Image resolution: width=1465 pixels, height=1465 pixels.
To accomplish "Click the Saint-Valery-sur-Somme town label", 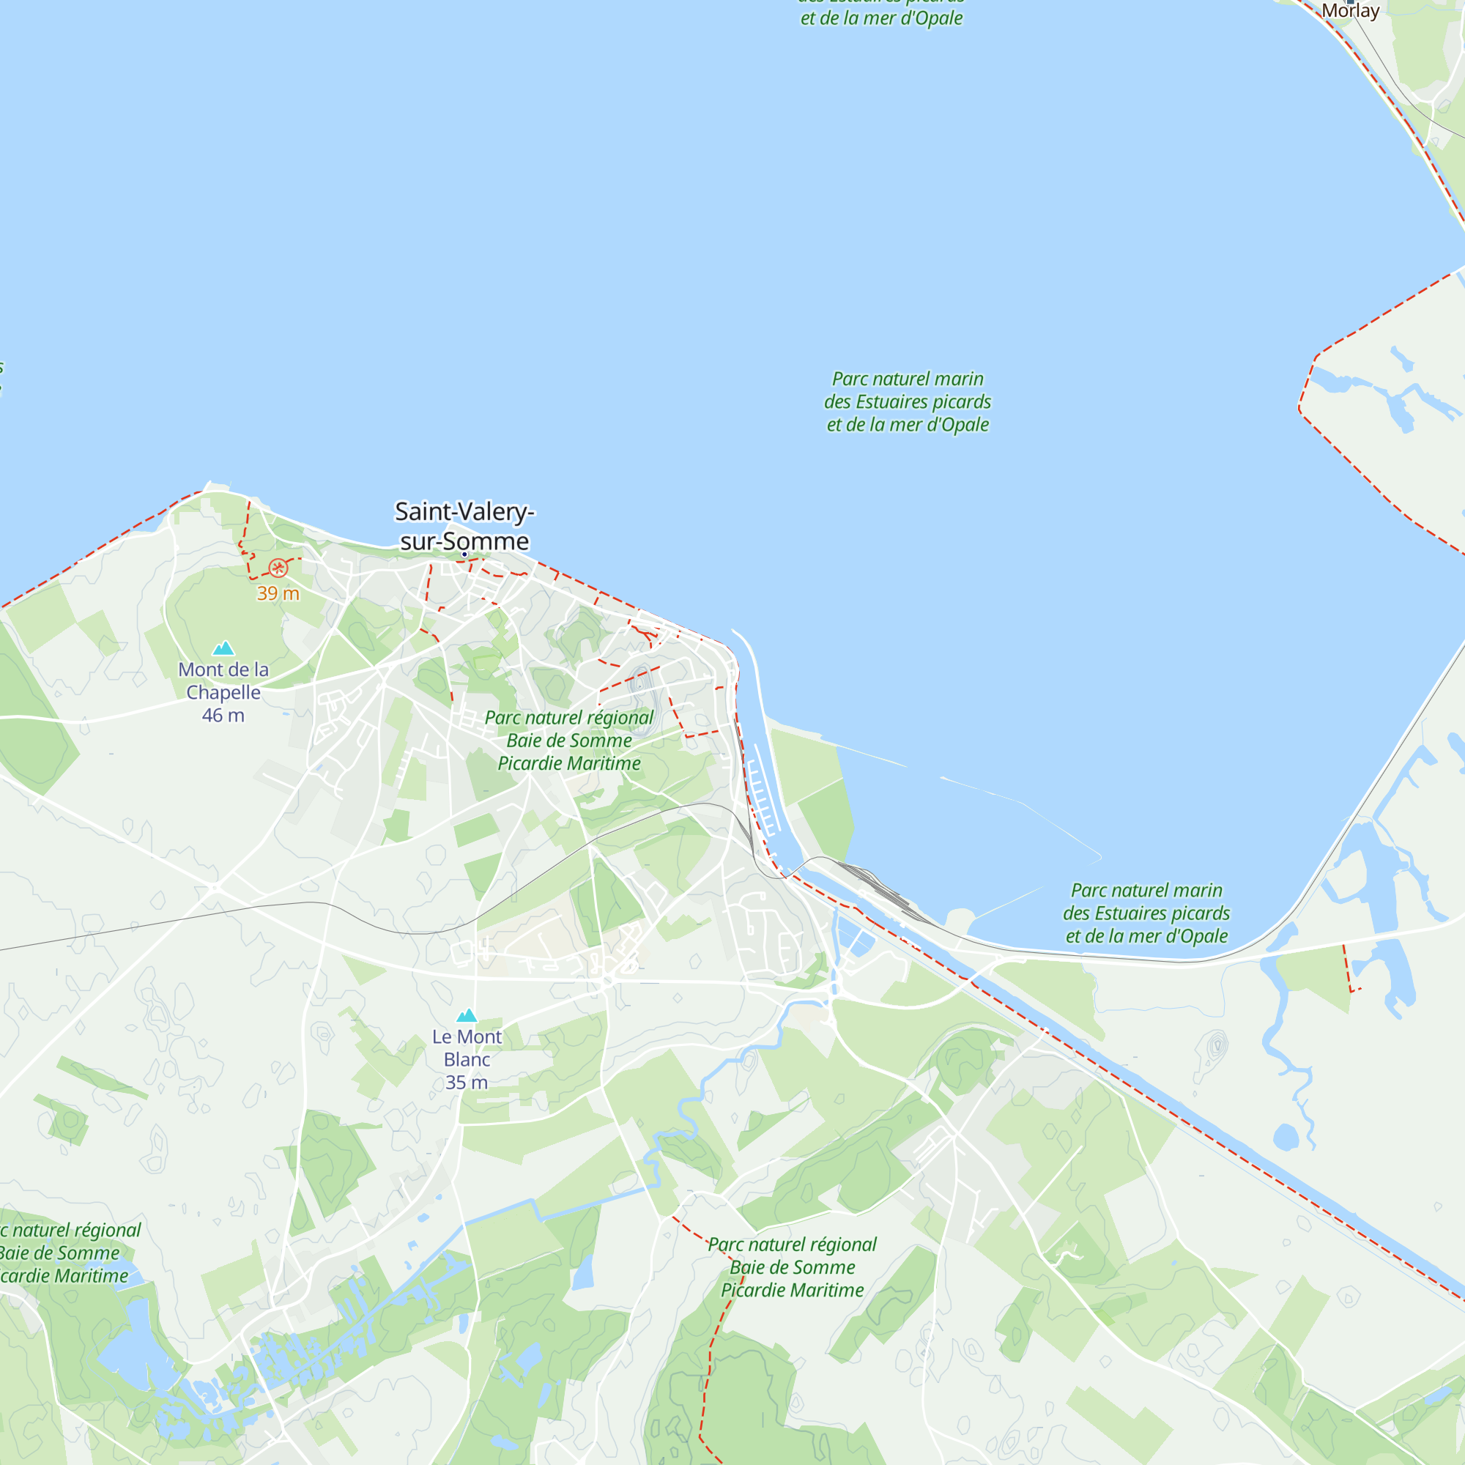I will (464, 525).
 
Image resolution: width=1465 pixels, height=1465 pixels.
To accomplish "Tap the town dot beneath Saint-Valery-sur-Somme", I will (464, 555).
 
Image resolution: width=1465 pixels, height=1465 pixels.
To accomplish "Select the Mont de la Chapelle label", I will (223, 680).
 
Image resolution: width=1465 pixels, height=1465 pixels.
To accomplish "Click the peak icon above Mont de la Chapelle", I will (223, 648).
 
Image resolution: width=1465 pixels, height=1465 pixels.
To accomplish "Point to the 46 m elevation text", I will (223, 715).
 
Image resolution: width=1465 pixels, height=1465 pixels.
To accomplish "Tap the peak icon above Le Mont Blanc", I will (467, 1015).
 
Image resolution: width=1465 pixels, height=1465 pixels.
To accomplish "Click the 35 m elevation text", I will (467, 1082).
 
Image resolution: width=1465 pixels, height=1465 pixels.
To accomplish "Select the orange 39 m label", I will (278, 593).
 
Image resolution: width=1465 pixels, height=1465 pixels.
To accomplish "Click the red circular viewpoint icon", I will (278, 568).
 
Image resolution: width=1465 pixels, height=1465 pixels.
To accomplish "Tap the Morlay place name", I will (1351, 10).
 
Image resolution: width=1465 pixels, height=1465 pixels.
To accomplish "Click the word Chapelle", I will (223, 692).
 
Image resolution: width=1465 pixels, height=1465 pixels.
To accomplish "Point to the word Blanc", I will (467, 1059).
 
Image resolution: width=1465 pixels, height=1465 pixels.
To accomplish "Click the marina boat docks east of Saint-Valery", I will (764, 789).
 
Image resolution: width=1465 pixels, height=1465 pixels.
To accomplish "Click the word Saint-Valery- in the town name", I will (464, 512).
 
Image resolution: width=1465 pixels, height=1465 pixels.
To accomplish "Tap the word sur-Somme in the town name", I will (464, 541).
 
